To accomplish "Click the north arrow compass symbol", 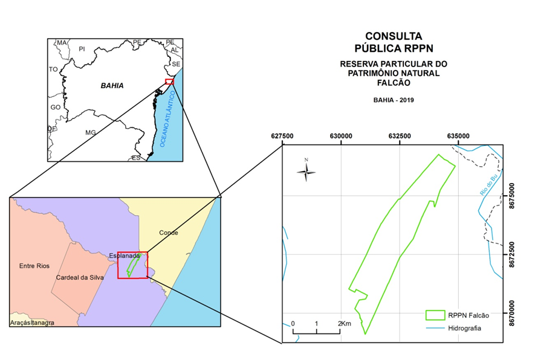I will tap(306, 173).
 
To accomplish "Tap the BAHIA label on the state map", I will tap(112, 86).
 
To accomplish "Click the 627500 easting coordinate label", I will tap(282, 136).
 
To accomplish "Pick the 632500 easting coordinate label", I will tap(400, 136).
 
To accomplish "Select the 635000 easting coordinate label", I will tap(458, 136).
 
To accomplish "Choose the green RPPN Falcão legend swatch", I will tap(435, 315).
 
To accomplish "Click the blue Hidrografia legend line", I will tap(435, 328).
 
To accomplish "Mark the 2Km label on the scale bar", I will tap(345, 324).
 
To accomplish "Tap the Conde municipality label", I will tap(169, 233).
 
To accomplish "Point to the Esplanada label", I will tap(125, 256).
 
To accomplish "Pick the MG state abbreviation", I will tap(91, 132).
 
